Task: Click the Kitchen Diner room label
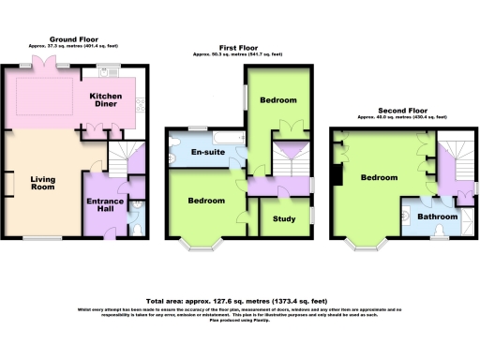pyautogui.click(x=107, y=101)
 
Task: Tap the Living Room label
pyautogui.click(x=43, y=185)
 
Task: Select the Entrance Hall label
pyautogui.click(x=106, y=207)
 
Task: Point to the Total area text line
pyautogui.click(x=239, y=290)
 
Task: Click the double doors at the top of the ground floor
pyautogui.click(x=44, y=63)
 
